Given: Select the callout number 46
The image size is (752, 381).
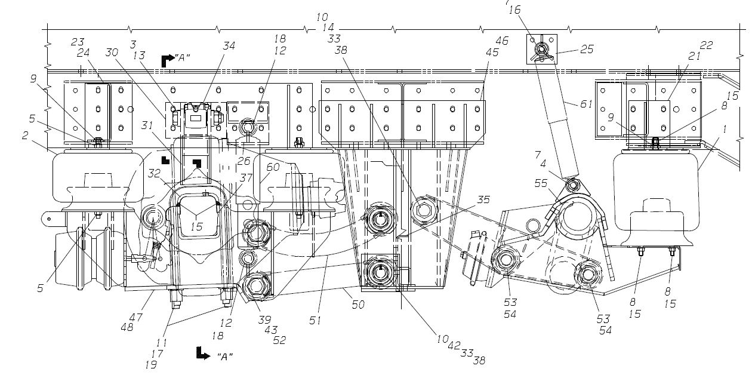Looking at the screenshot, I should click(x=501, y=41).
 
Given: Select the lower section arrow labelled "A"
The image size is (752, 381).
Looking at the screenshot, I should click(x=201, y=355).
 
